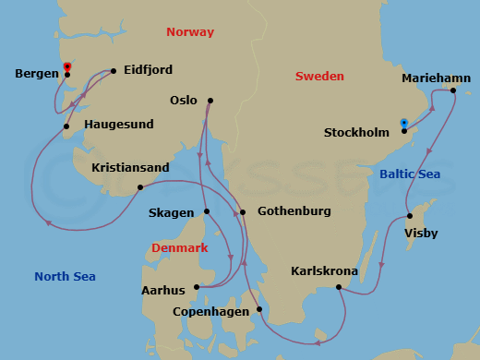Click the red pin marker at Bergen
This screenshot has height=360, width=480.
(x=67, y=66)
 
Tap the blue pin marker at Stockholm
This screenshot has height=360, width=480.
(x=404, y=123)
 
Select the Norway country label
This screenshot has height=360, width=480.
(x=189, y=32)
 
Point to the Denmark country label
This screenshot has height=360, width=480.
(x=180, y=248)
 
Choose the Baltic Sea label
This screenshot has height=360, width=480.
(x=410, y=174)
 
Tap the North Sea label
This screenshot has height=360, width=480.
(x=65, y=276)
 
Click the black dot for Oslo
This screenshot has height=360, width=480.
(x=210, y=101)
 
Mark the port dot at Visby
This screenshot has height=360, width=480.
(x=410, y=216)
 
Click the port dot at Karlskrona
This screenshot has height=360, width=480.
(x=340, y=287)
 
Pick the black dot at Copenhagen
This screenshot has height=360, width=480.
(x=259, y=309)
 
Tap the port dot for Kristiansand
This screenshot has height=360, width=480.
(x=139, y=187)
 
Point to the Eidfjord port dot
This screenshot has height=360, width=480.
(x=113, y=70)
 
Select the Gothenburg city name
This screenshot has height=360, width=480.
(x=294, y=211)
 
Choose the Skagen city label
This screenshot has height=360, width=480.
(x=171, y=212)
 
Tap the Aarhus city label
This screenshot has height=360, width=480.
(x=163, y=291)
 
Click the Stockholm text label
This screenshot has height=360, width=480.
(x=357, y=132)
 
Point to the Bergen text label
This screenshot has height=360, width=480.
(x=37, y=73)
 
